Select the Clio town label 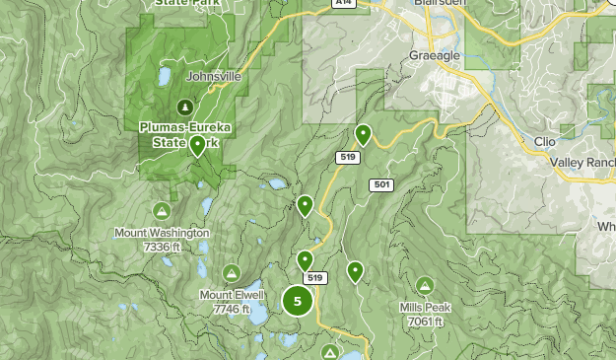[x=544, y=141]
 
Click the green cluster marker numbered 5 [x=298, y=301]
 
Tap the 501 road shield [x=381, y=184]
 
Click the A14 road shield [x=342, y=4]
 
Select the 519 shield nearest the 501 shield [x=346, y=157]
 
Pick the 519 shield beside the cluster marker [x=314, y=278]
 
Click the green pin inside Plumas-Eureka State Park [x=198, y=147]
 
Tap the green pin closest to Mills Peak [x=355, y=271]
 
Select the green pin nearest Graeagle [x=363, y=134]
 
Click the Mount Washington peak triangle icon [x=162, y=211]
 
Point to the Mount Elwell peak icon [x=232, y=272]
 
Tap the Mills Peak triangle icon [x=425, y=285]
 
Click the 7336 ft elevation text [x=162, y=246]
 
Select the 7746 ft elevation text [x=232, y=309]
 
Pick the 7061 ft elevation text [x=425, y=322]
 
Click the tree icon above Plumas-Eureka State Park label [x=183, y=106]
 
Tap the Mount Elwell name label [x=232, y=295]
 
